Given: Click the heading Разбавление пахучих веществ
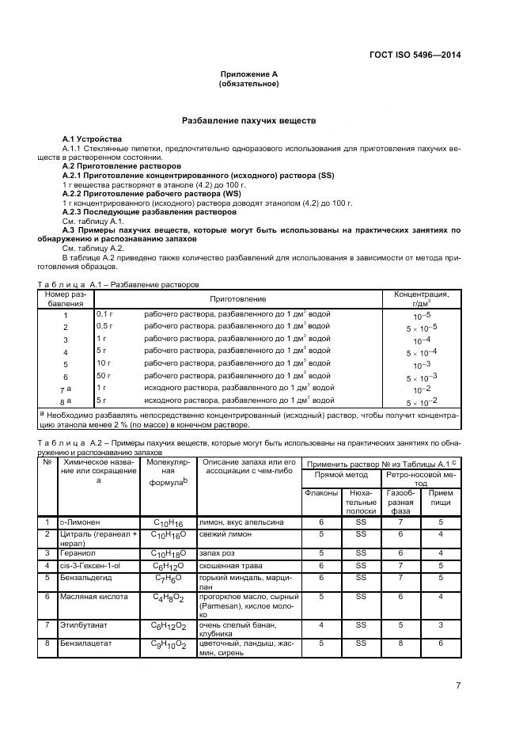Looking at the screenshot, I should pos(249,121).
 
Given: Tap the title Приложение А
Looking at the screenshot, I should pos(249,74).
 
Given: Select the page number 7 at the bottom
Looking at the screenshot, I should pos(458,685).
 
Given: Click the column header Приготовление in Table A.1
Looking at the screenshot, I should pos(237,298).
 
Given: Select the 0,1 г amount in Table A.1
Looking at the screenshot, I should pos(105,314).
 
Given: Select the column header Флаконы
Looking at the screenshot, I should pos(320,493).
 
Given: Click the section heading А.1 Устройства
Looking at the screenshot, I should pos(93,139).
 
